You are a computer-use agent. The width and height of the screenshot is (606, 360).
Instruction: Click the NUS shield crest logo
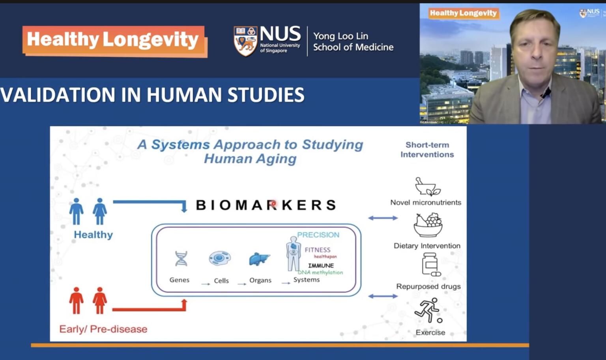pos(245,41)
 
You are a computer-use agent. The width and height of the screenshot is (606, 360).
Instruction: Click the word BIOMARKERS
pos(266,205)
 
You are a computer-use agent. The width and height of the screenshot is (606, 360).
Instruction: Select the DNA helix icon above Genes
pos(181,259)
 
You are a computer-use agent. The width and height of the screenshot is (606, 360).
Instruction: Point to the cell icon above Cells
pos(220,259)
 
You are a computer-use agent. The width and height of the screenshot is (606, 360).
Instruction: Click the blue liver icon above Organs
pos(259,259)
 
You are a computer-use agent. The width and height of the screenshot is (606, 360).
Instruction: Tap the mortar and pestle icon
pos(427,187)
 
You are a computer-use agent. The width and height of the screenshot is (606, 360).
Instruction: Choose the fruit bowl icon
pos(428,225)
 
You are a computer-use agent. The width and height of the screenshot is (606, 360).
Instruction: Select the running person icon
pos(428,310)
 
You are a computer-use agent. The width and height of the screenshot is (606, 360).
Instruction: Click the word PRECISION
pos(318,235)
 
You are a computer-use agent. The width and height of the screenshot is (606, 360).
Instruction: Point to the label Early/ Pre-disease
pos(103,329)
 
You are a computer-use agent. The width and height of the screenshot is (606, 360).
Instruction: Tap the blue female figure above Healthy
pos(100,211)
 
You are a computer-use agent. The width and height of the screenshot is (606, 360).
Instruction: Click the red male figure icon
pos(76,300)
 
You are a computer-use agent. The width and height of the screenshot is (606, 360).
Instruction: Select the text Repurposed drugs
pos(428,286)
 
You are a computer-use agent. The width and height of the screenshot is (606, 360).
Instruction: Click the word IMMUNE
pos(321,266)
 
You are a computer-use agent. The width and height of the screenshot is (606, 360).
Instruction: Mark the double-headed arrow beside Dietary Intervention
pos(383,218)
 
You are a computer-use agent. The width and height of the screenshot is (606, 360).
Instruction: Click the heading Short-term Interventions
pos(427,150)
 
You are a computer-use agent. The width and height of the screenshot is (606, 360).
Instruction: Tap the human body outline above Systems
pos(293,254)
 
